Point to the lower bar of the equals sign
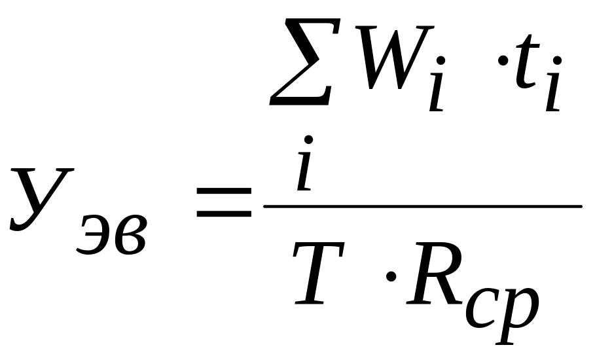pos(224,213)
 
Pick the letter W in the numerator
pos(395,58)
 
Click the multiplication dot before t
pos(503,60)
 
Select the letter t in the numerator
pos(526,62)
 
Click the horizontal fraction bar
pos(423,206)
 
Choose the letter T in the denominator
pos(319,273)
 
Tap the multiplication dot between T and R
pos(391,276)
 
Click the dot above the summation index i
pos(308,139)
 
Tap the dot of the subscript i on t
pos(557,61)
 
